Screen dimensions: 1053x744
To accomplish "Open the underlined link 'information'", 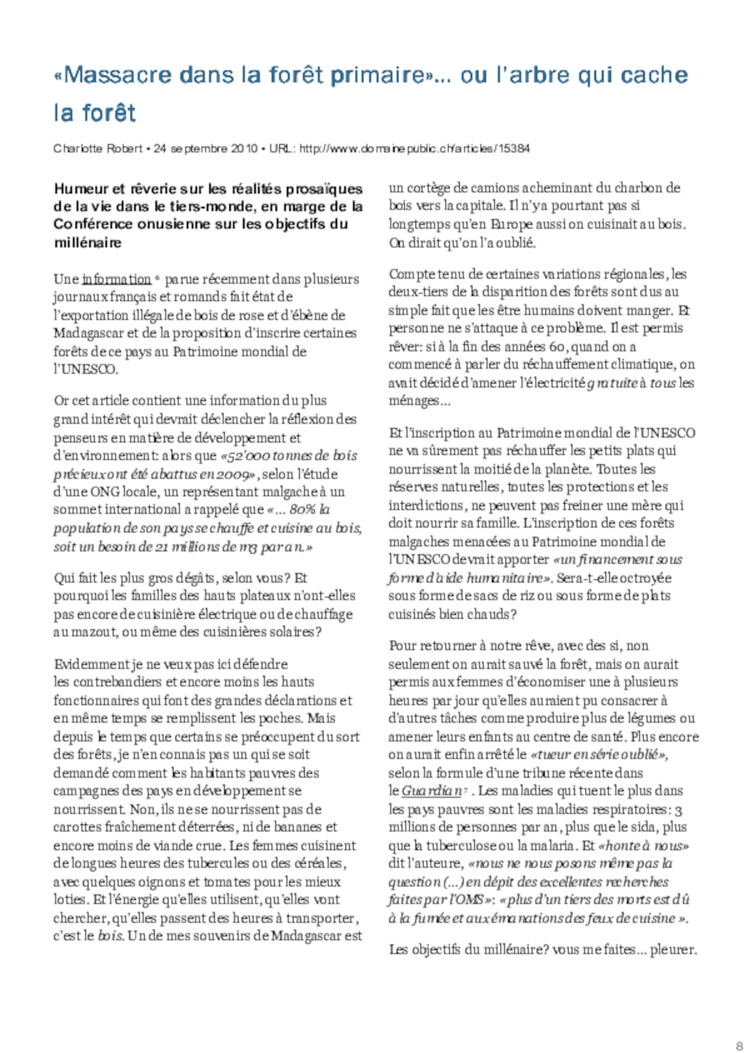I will click(116, 279).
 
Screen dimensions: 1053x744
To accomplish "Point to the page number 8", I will click(738, 1044).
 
